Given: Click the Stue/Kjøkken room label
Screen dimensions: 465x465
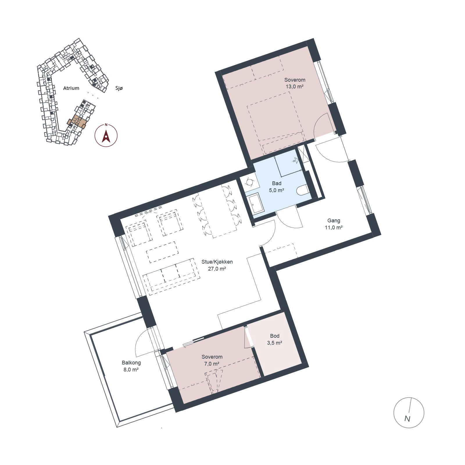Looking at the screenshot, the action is coord(217,262).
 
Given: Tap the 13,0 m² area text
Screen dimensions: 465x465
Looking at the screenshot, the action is coord(295,86).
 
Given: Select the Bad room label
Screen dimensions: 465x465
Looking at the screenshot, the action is coord(277,183).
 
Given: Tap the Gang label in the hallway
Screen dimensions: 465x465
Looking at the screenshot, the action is coord(334,221).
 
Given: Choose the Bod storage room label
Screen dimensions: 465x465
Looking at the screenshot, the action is coord(275,336).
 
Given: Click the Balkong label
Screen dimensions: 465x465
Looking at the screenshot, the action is coord(131,363).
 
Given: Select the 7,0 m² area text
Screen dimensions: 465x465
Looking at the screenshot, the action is coord(212,364).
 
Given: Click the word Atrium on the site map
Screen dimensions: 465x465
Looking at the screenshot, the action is coord(71,88).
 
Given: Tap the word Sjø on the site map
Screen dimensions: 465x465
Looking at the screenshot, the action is coord(119,88).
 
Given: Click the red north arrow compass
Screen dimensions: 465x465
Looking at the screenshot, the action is coord(106,135).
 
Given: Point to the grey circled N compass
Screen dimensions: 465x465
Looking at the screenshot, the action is coord(409,413).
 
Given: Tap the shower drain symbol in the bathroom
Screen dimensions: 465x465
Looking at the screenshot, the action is coord(296,160).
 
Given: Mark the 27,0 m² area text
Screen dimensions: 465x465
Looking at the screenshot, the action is coord(217,269).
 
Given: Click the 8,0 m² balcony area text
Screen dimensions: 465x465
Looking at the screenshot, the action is coord(131,370).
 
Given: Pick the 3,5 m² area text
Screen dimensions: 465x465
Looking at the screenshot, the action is coord(275,343).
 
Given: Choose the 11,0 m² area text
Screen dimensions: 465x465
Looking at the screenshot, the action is coord(334,228).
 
